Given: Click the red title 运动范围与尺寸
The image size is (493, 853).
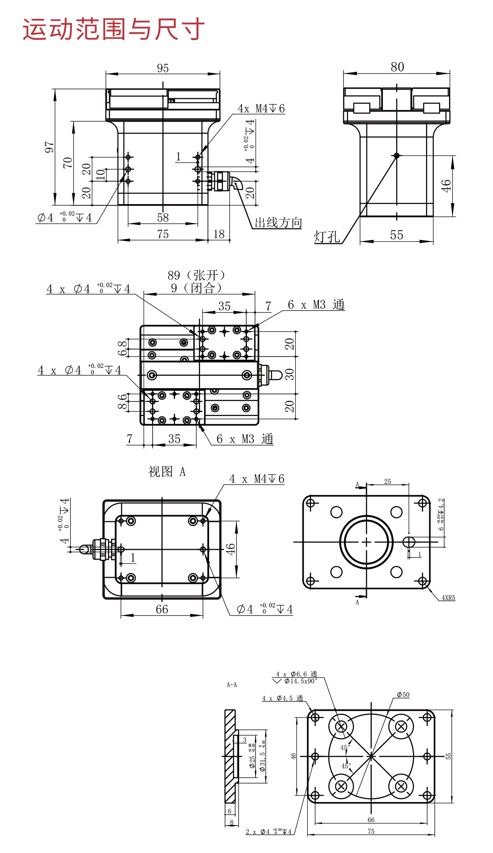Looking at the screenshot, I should [x=113, y=29].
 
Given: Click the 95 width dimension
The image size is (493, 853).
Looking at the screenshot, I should [x=163, y=68].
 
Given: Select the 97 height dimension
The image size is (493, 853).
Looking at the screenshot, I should [x=49, y=147].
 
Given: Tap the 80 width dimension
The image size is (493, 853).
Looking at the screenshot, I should [x=397, y=67].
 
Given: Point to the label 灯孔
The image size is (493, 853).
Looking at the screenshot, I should [x=327, y=237].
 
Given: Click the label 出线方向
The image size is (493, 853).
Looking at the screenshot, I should [x=278, y=223].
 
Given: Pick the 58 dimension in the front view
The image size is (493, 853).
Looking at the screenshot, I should [x=163, y=218].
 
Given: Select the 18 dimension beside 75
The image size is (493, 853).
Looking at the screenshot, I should [x=219, y=234].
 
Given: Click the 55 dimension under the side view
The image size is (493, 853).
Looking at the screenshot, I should [x=396, y=235].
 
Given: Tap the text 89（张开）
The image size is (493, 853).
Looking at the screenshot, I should [x=196, y=275].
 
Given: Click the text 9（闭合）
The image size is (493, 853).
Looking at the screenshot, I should [x=196, y=287].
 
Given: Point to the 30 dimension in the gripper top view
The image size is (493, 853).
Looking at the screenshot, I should [x=290, y=374].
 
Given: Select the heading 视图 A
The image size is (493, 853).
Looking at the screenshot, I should [x=167, y=471].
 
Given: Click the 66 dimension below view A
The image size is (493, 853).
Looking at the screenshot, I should [x=162, y=609].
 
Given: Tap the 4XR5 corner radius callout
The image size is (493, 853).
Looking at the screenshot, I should [x=448, y=598].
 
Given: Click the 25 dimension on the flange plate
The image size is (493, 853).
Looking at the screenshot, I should [x=387, y=481].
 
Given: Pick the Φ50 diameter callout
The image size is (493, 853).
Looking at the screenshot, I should [x=403, y=695].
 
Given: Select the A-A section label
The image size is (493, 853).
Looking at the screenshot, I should [x=232, y=685].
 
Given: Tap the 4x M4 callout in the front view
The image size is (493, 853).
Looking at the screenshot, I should [x=261, y=108].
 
